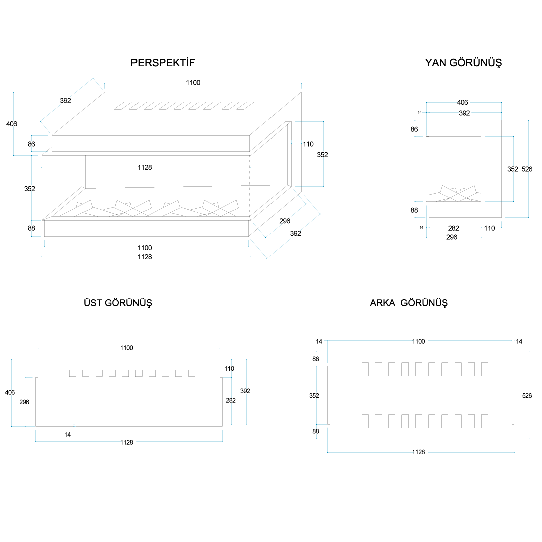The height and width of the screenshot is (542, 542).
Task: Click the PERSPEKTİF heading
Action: (163, 63)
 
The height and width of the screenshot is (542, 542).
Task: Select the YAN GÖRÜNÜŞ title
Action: (463, 63)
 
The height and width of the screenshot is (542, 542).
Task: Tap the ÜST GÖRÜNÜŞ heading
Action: (118, 303)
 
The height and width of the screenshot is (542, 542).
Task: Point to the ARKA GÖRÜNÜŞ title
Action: (409, 303)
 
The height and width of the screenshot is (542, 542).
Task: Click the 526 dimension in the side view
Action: (527, 169)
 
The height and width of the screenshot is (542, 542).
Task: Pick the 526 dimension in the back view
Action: (527, 396)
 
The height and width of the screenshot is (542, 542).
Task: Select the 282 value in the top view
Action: (231, 400)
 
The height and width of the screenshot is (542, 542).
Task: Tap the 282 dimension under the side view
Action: (453, 228)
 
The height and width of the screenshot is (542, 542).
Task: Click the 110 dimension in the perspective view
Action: (308, 144)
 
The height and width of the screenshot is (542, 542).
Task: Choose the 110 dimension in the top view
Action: (229, 369)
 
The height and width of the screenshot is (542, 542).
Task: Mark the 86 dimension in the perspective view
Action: (32, 144)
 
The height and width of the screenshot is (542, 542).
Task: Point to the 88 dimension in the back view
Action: (316, 431)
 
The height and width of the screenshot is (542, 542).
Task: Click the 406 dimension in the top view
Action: (10, 393)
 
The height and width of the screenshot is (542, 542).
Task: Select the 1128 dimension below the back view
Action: (418, 452)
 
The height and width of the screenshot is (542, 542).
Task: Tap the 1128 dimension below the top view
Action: (127, 442)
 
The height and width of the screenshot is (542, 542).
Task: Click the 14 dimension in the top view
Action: (68, 435)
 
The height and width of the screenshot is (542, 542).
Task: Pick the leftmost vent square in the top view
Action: (73, 373)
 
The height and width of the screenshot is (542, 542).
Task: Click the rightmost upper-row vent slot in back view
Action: (485, 369)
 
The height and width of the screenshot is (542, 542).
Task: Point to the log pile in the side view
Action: (457, 194)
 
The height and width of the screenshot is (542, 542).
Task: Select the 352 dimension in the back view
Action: (314, 396)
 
